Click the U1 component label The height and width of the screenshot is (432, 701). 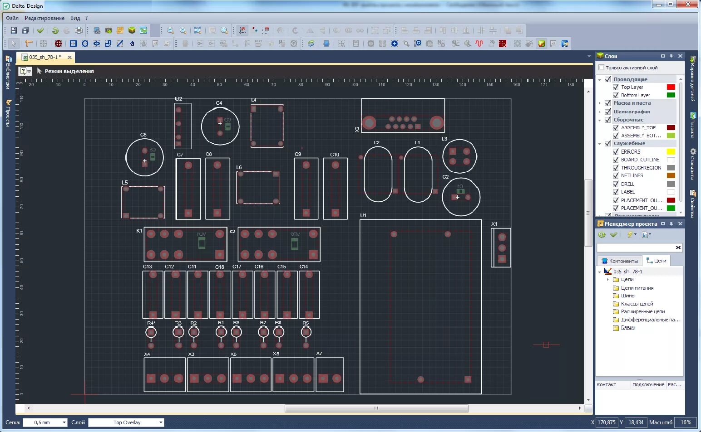pos(363,215)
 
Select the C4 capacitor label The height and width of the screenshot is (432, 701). pos(219,103)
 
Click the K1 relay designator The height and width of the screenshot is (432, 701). pos(139,231)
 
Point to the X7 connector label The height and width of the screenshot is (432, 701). pos(319,354)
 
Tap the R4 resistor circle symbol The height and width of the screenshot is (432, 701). pos(151,333)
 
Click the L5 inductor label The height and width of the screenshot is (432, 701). pos(125,183)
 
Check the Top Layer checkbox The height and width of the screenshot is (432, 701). pos(616,87)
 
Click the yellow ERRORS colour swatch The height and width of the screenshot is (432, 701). pos(671,152)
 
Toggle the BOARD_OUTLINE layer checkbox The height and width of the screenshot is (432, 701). pos(616,160)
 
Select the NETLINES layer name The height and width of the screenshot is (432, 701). pos(632,175)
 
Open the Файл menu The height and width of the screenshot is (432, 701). pos(12,18)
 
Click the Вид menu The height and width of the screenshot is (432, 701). pos(75,18)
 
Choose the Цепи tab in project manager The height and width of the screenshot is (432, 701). pos(657,261)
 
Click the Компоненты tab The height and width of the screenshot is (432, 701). pos(620,261)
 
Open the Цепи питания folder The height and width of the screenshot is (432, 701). pos(637,288)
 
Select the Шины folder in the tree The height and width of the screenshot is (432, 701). pos(628,296)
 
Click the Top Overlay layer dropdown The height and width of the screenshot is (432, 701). pos(126,422)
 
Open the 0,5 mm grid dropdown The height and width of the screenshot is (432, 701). pos(45,422)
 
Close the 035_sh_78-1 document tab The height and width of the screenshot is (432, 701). pos(69,57)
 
